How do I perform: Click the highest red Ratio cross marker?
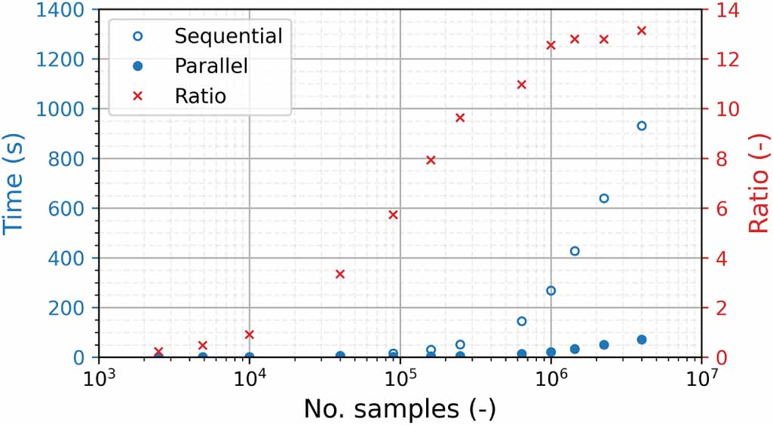point(642,31)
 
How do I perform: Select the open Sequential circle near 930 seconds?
point(642,126)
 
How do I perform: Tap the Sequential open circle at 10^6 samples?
point(551,291)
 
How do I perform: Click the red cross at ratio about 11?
point(521,84)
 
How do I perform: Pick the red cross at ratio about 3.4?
point(340,274)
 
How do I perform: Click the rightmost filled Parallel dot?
point(642,340)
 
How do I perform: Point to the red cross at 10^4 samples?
point(250,335)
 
